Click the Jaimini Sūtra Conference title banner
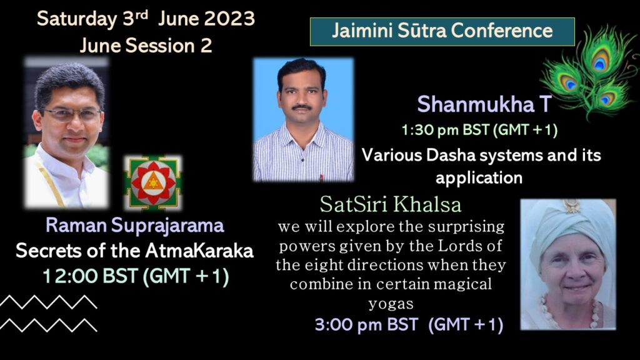(442, 31)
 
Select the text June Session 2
(146, 45)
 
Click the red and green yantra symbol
(153, 183)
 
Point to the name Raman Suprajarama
(135, 225)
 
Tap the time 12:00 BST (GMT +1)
(136, 276)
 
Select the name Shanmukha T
(484, 104)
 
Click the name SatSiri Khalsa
(391, 204)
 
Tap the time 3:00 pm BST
(366, 325)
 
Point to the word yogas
(391, 304)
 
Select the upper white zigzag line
(48, 302)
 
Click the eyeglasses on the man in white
(71, 114)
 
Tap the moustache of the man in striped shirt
(302, 107)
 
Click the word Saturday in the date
(77, 19)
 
